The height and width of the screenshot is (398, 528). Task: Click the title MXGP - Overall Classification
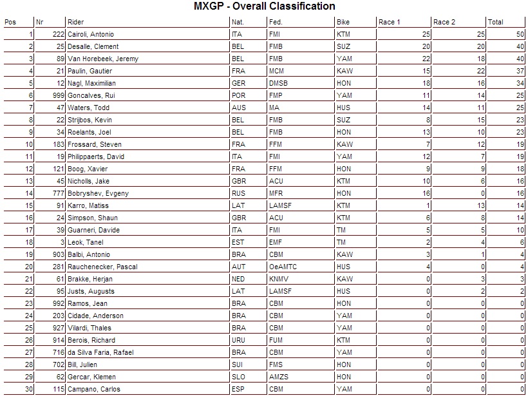[264, 6]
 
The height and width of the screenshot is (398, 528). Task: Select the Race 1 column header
[390, 22]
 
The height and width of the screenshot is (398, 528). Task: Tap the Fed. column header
[276, 22]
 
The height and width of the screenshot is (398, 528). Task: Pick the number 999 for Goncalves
[57, 95]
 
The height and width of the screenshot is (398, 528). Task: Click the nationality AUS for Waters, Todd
[238, 108]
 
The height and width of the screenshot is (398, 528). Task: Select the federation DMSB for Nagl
[278, 83]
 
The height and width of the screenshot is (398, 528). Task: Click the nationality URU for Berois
[239, 340]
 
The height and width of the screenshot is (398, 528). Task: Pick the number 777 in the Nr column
[57, 193]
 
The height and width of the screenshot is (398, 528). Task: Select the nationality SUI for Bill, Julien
[238, 365]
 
